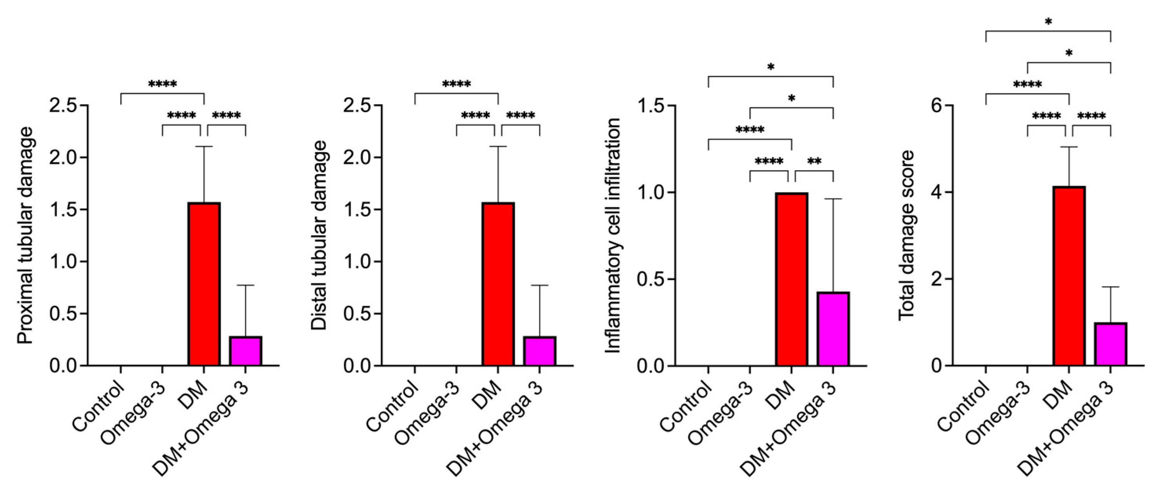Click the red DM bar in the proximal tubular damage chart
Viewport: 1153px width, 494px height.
tap(204, 284)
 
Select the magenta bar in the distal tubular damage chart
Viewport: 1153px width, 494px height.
tap(540, 351)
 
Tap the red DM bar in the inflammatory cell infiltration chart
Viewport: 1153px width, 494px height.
tap(792, 279)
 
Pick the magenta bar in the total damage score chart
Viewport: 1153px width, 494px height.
tap(1111, 344)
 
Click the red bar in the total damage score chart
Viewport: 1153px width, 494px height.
tap(1069, 276)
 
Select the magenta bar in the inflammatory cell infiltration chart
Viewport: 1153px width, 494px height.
tap(833, 329)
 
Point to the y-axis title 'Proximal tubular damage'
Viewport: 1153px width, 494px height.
tap(25, 235)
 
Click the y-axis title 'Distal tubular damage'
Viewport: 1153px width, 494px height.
tap(319, 235)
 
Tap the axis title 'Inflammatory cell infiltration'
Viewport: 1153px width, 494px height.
tap(613, 235)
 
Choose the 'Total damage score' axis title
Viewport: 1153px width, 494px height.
tap(906, 235)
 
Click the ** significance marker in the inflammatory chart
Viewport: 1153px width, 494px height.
tap(814, 161)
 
